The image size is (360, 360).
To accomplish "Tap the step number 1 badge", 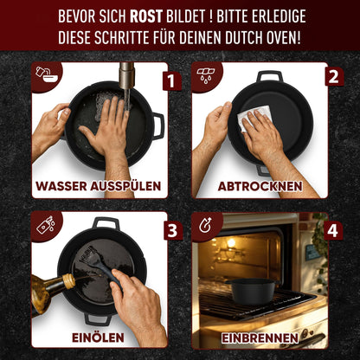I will click(x=171, y=81).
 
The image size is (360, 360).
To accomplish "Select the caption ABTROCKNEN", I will click(x=260, y=186).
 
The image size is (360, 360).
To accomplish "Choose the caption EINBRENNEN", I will click(x=260, y=336).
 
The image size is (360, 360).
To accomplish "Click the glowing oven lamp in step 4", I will click(x=231, y=243).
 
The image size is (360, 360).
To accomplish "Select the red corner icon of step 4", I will click(x=205, y=225).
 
